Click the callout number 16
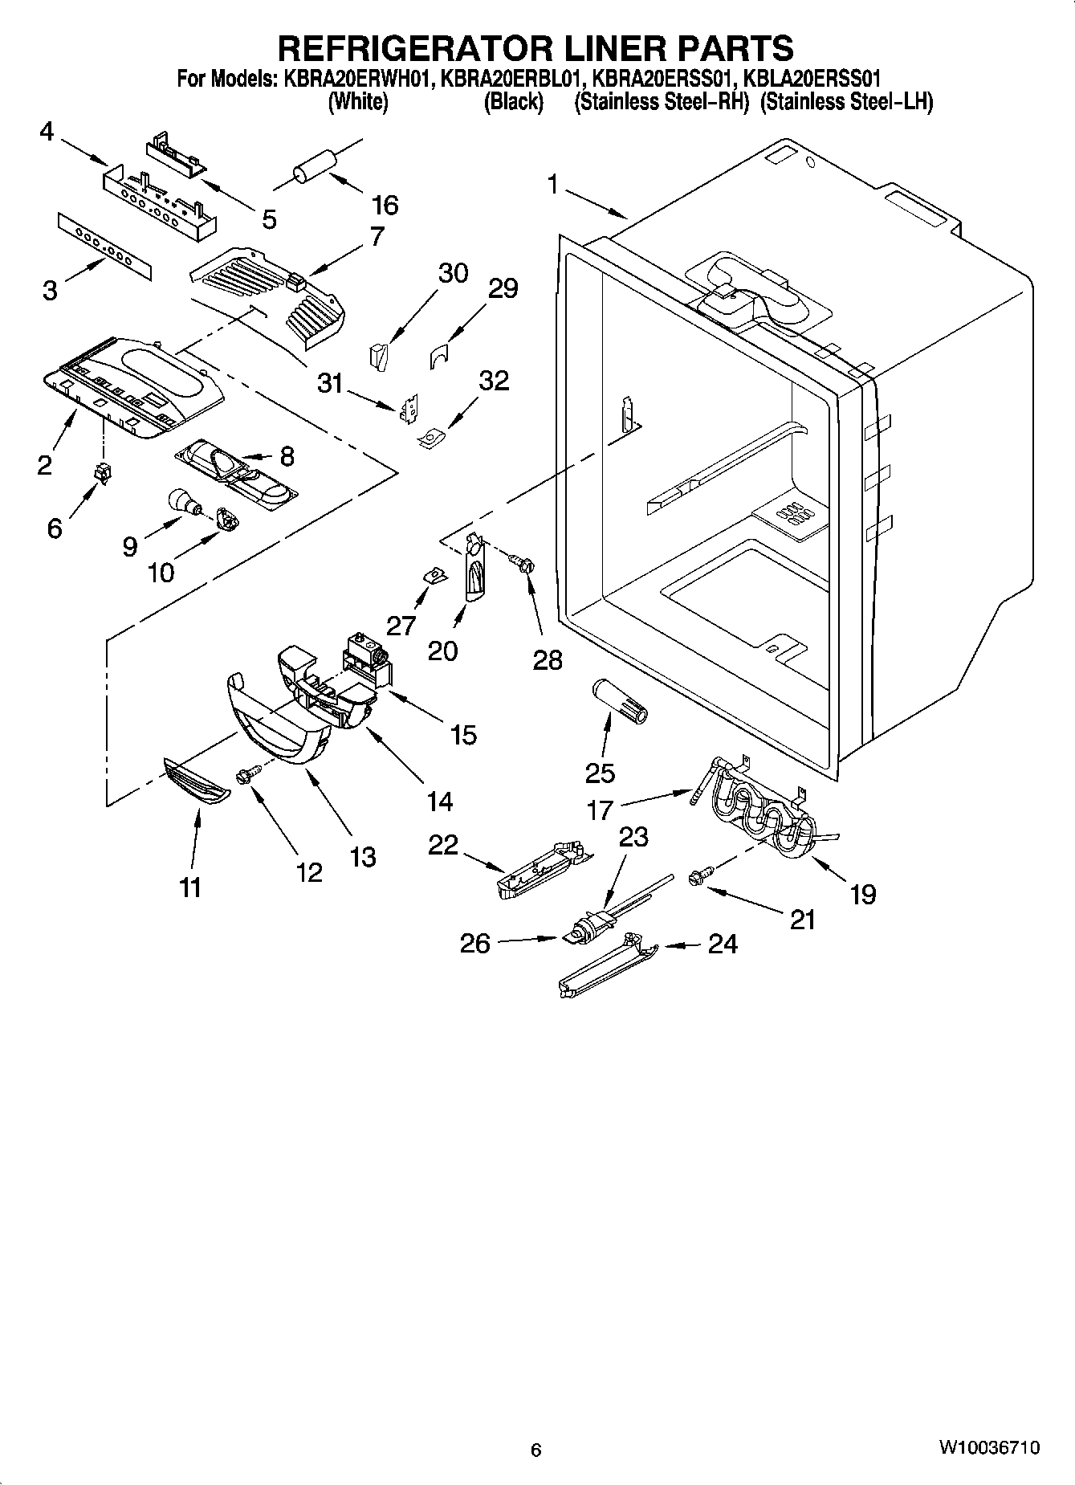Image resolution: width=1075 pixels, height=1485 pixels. pos(385,206)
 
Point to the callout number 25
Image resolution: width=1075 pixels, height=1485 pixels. pos(600,773)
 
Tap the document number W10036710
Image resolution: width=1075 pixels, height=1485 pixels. pos(989,1447)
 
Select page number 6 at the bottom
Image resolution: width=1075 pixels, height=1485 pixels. pos(536,1450)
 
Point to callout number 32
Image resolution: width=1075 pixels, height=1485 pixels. pos(494,380)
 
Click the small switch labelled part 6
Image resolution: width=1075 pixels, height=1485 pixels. pos(102,474)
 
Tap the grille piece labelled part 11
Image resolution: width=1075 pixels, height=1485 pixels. pos(197,781)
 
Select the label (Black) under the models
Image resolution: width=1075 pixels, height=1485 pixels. pos(513,103)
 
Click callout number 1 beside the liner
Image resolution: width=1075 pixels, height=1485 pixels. pos(553,184)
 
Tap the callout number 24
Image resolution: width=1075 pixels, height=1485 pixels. pos(722,944)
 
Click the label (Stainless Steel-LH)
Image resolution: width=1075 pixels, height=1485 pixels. pos(846,103)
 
